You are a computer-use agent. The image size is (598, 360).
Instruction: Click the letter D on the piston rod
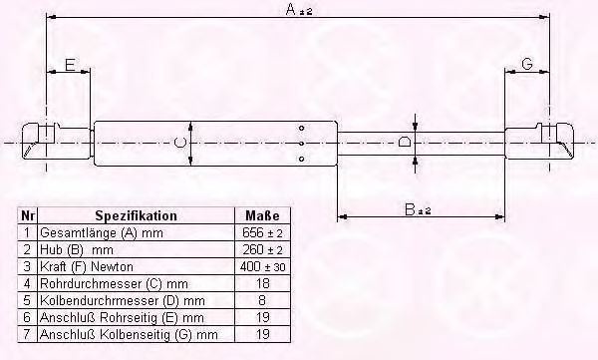[404, 143]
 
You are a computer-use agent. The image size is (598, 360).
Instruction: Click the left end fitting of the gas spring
[40, 141]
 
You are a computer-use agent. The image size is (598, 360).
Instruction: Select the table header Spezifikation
[136, 215]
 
